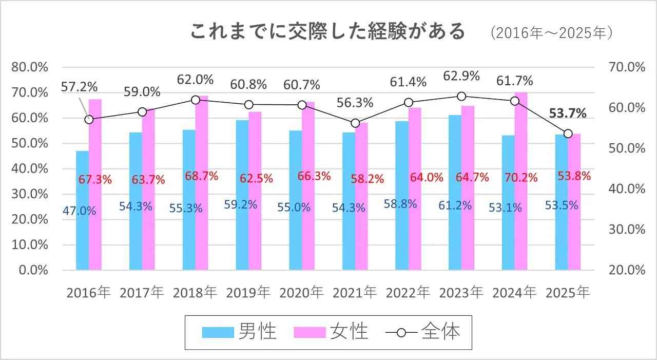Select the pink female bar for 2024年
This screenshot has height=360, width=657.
pyautogui.click(x=521, y=226)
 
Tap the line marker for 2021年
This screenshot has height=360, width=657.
pyautogui.click(x=355, y=123)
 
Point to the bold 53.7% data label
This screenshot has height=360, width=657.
pyautogui.click(x=568, y=113)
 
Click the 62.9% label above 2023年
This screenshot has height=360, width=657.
pyautogui.click(x=461, y=76)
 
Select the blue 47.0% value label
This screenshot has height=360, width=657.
pyautogui.click(x=79, y=211)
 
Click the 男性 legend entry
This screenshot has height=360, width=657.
pyautogui.click(x=239, y=332)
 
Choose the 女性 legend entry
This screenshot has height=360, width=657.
pyautogui.click(x=331, y=332)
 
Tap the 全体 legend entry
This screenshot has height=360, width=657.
pyautogui.click(x=422, y=332)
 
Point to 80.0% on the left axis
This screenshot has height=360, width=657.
pyautogui.click(x=29, y=67)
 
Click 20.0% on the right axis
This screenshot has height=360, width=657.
pyautogui.click(x=626, y=270)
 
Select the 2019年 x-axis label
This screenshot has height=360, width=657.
pyautogui.click(x=248, y=293)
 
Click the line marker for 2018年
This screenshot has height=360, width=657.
pyautogui.click(x=196, y=100)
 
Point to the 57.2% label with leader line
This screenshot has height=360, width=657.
pyautogui.click(x=79, y=86)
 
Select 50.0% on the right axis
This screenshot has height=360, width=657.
pyautogui.click(x=626, y=148)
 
